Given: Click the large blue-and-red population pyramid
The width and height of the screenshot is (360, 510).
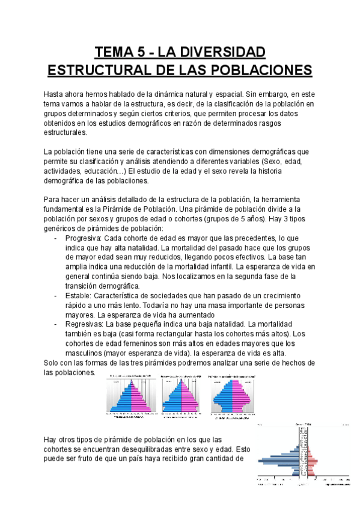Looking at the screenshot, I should [305, 454].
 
